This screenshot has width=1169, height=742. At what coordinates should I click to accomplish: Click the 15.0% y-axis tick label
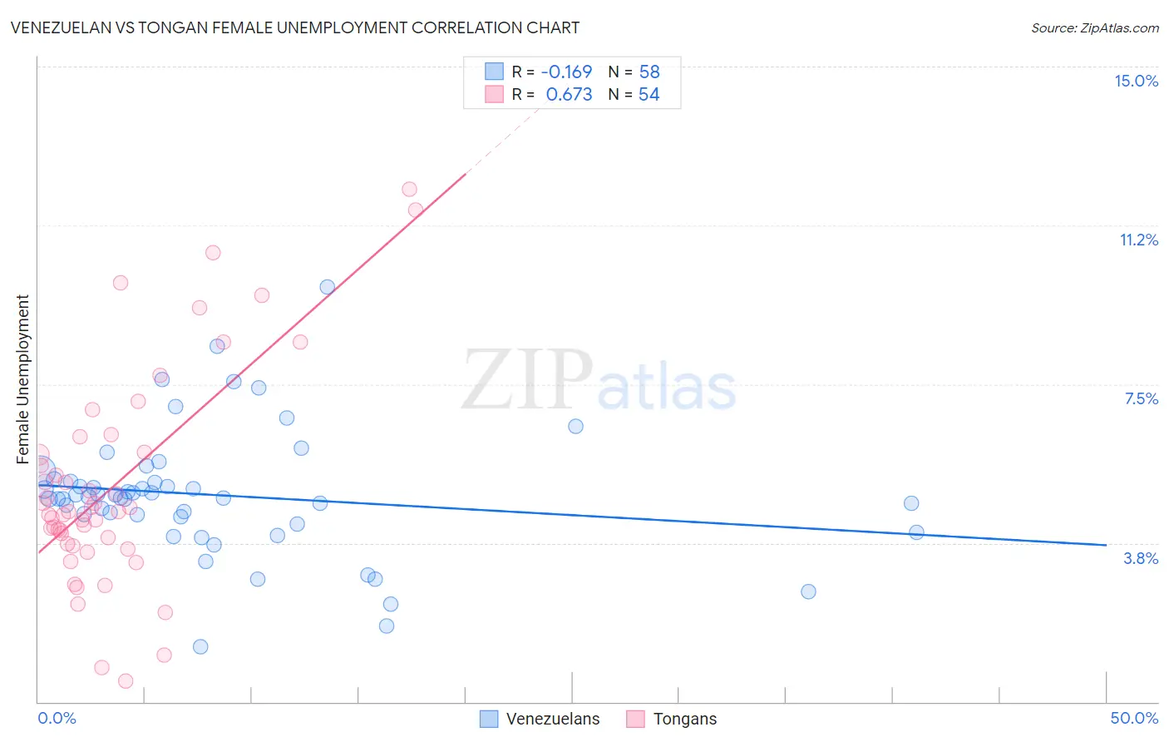[1136, 81]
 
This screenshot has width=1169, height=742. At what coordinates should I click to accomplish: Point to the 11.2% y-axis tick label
[1138, 240]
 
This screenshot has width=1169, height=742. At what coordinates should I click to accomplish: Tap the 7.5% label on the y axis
[1141, 398]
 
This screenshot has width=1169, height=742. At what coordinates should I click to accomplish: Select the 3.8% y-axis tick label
[1141, 558]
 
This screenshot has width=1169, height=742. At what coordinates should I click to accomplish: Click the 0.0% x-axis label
[57, 718]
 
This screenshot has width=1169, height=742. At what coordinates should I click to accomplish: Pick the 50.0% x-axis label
[1134, 718]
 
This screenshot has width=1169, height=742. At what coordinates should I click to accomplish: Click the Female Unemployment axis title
[23, 378]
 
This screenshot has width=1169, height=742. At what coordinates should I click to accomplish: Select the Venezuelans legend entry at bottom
[540, 719]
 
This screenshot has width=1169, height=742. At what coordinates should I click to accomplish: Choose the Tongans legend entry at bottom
[672, 719]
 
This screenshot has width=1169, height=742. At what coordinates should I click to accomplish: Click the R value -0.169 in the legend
[566, 72]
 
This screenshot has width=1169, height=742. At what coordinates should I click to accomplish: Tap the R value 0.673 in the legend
[569, 94]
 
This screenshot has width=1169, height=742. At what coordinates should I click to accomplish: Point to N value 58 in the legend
[649, 72]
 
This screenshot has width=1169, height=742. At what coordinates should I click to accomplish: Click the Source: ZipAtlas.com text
[1094, 27]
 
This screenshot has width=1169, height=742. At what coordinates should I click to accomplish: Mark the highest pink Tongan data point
[409, 189]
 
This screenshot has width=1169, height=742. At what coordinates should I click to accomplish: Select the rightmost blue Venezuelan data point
[916, 532]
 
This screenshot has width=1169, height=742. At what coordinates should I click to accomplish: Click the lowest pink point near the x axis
[126, 681]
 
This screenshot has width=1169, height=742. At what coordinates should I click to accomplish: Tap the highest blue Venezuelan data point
[328, 287]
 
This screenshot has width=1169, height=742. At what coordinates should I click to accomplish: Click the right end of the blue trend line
[1106, 545]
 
